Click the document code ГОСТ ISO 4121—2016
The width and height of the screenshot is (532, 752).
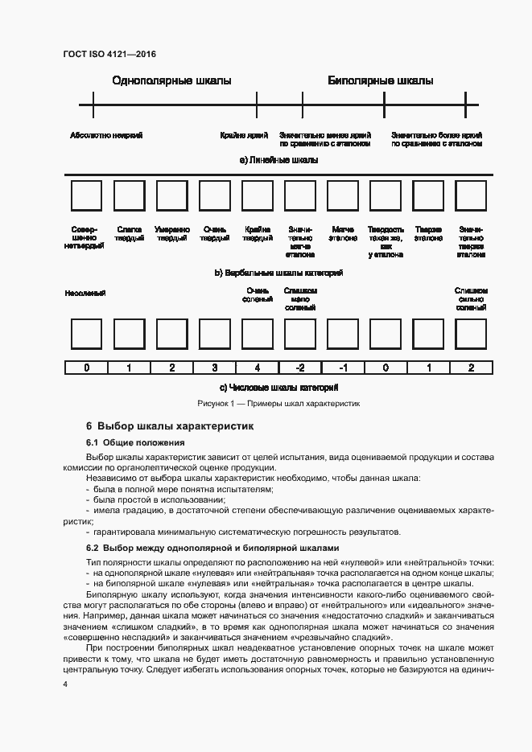[x=109, y=54]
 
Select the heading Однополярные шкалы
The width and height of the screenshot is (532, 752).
[x=171, y=80]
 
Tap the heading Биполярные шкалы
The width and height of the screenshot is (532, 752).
[x=380, y=80]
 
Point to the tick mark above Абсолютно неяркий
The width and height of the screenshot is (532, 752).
[x=93, y=105]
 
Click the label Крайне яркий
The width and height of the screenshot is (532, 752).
[x=244, y=135]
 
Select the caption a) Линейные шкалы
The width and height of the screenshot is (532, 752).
[x=278, y=160]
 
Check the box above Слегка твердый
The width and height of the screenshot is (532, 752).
[x=129, y=196]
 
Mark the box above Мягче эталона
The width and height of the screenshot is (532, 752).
[x=343, y=196]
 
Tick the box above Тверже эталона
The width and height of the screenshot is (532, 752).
[x=428, y=196]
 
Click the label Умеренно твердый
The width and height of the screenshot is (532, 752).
[x=172, y=233]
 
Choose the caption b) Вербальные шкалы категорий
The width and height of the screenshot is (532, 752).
[x=278, y=273]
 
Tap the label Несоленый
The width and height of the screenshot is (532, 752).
[x=85, y=293]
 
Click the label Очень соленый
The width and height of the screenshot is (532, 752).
[x=258, y=295]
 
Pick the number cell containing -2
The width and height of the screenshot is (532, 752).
[x=299, y=368]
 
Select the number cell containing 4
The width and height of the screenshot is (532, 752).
[x=257, y=368]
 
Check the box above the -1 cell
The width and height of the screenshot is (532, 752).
[x=343, y=334]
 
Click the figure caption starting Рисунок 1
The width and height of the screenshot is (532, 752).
[x=278, y=404]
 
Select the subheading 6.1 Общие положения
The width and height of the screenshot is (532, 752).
[x=135, y=442]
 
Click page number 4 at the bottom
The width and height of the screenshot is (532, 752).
[x=66, y=684]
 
